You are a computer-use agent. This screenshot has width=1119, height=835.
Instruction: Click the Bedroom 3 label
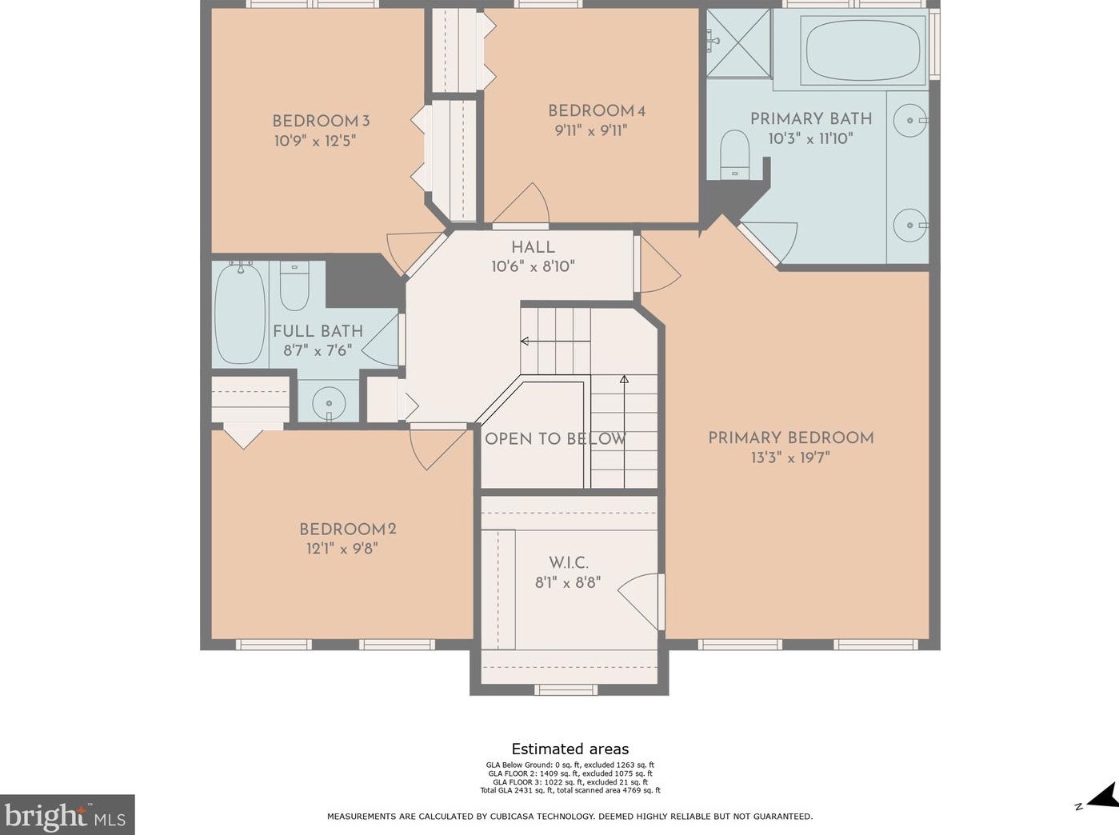[320, 122]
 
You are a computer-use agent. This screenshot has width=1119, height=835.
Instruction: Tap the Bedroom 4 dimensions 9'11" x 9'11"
[590, 130]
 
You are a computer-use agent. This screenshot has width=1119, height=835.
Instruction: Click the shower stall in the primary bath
[738, 43]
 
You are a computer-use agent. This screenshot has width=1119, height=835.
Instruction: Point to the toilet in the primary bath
[733, 154]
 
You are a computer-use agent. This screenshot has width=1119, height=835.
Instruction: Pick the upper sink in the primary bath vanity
[909, 120]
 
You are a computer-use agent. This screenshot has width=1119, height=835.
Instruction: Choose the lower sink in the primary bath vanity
[909, 225]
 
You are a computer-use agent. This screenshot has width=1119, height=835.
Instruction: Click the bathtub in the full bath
[240, 314]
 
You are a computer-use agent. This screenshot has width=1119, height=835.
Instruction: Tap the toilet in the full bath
[294, 286]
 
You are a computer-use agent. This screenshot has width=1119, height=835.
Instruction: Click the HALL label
[533, 247]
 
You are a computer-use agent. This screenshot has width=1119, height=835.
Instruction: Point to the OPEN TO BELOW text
[555, 438]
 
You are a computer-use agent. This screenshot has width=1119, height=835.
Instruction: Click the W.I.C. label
[568, 563]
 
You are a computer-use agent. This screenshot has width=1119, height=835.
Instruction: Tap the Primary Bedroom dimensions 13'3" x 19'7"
[789, 457]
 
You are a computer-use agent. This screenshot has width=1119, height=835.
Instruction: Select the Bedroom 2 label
[347, 529]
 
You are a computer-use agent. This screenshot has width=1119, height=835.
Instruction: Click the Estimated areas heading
[569, 749]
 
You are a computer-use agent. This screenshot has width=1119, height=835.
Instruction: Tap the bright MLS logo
[67, 816]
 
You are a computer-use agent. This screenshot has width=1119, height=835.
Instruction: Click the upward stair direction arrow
[624, 380]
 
